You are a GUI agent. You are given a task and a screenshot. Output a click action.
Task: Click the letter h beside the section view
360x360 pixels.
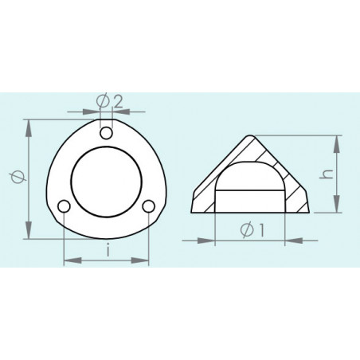(x=326, y=174)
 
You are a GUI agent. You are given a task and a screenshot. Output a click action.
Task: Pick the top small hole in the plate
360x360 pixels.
(x=106, y=131)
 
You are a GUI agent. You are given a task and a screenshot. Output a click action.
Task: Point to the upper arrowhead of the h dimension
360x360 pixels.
(x=338, y=139)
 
